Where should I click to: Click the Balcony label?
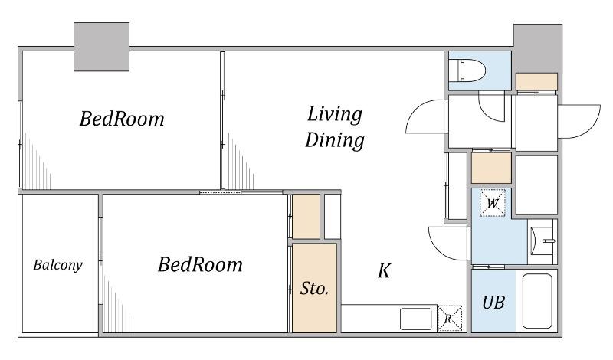click(58, 265)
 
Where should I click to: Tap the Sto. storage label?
click(314, 289)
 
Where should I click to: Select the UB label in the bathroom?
click(493, 302)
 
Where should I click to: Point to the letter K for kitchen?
click(385, 270)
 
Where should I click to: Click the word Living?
click(335, 115)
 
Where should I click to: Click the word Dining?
click(335, 140)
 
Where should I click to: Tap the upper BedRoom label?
click(122, 119)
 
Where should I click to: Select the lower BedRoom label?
click(200, 264)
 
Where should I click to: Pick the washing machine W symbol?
click(493, 203)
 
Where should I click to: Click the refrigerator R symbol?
click(450, 319)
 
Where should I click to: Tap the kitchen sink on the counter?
click(416, 319)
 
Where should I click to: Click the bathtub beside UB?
click(537, 301)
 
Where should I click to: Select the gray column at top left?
click(101, 47)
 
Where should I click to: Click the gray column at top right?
click(538, 47)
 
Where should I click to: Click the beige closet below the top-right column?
click(537, 82)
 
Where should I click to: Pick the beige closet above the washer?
click(491, 168)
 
